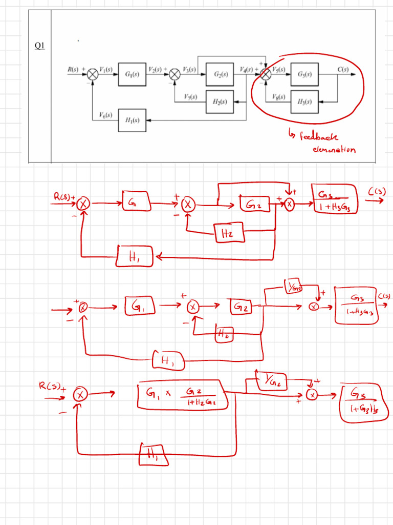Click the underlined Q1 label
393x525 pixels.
point(40,46)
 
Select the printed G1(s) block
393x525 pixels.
point(132,74)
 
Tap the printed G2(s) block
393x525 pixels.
point(220,74)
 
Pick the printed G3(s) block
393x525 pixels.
point(304,74)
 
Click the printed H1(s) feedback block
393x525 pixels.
point(132,120)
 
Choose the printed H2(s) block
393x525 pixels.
point(220,101)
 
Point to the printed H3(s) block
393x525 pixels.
point(304,101)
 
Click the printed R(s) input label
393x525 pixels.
point(74,69)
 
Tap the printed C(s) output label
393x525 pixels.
point(342,69)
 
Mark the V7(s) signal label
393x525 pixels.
point(191,96)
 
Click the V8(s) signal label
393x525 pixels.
point(278,96)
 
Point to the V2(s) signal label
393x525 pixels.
point(155,69)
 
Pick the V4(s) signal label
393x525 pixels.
point(246,69)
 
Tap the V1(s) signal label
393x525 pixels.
point(106,69)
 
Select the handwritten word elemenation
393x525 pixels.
point(334,150)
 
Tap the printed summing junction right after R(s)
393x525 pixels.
point(92,74)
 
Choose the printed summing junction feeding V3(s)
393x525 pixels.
point(175,74)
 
